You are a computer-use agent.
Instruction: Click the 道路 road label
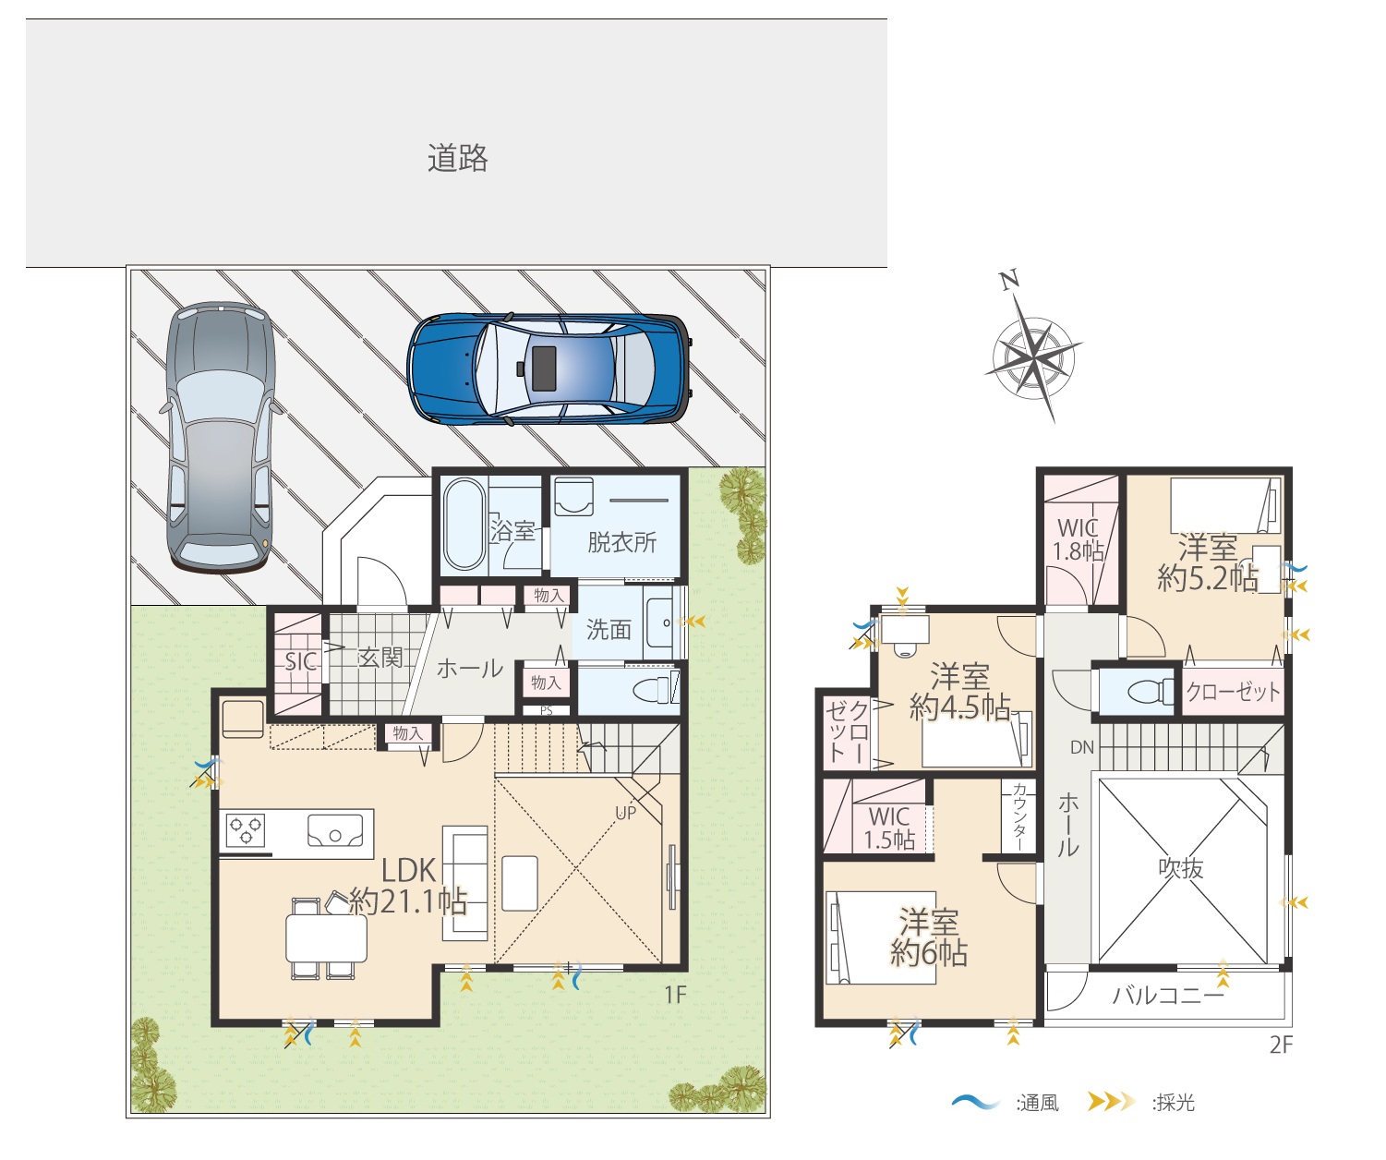tap(457, 158)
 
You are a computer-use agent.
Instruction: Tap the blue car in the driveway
tap(549, 369)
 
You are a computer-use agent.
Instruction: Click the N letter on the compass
tap(1009, 280)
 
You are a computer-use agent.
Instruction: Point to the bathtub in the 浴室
tap(464, 525)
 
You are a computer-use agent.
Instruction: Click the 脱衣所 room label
tap(622, 542)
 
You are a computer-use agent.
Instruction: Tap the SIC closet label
tap(301, 661)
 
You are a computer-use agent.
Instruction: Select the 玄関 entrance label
tap(380, 658)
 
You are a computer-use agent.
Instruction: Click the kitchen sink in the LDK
tap(335, 831)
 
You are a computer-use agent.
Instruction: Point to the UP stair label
tap(626, 813)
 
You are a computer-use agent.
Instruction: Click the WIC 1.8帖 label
tap(1078, 539)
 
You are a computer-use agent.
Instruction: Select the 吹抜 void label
tap(1181, 868)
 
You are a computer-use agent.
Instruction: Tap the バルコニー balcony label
tap(1168, 996)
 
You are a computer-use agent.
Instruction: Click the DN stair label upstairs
tap(1082, 748)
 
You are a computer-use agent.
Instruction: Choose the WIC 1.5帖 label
tap(889, 828)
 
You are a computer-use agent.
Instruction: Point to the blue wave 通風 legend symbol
tap(976, 1102)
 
